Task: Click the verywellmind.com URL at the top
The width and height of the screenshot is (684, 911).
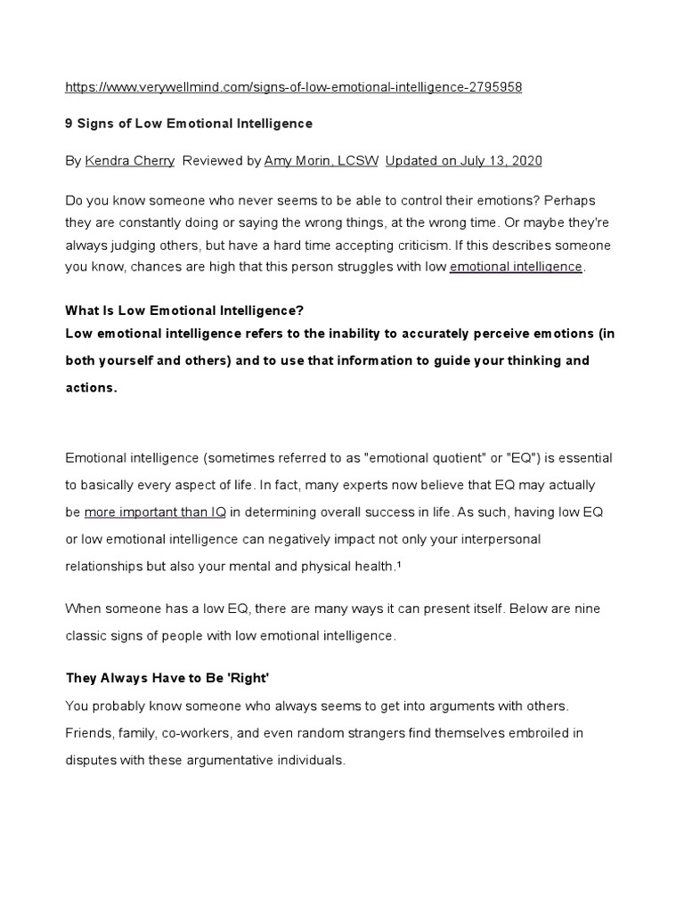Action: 294,87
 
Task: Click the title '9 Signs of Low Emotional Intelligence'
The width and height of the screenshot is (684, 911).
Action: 189,124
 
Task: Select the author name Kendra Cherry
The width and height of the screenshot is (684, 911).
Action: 130,161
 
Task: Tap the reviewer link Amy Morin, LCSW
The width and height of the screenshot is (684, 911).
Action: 322,161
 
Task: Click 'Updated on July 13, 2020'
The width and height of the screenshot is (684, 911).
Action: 463,161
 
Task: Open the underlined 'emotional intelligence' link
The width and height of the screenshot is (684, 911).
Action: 516,267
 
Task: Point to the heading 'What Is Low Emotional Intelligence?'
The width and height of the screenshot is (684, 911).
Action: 184,310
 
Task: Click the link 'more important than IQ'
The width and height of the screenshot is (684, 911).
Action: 155,512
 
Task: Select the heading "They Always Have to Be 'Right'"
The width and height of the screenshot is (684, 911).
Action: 166,677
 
